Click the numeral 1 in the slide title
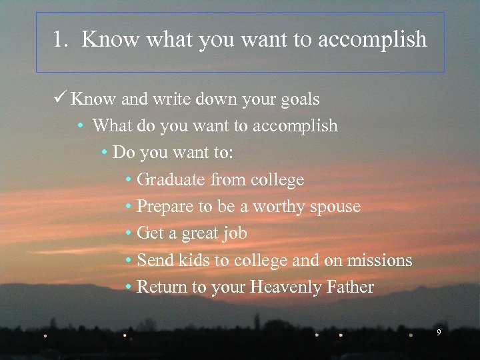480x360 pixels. tap(59, 40)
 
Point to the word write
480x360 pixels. tap(173, 99)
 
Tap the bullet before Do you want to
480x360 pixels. tap(105, 153)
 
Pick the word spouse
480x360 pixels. tap(334, 207)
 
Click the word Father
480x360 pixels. tap(351, 287)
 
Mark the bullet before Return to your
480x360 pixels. tap(129, 287)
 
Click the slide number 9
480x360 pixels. tap(438, 331)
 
